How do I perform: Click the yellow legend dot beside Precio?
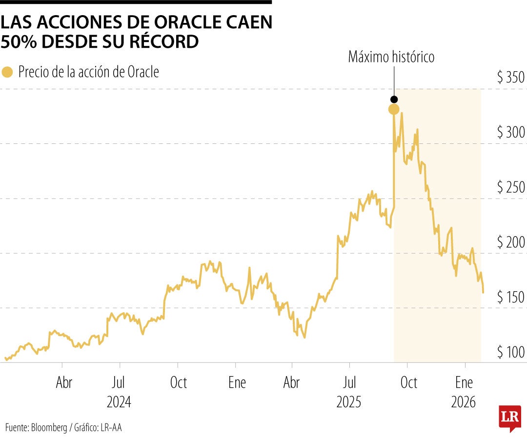click(x=7, y=73)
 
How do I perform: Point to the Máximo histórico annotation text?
click(x=391, y=57)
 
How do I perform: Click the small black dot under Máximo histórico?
click(x=394, y=100)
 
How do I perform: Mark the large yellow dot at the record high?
click(x=394, y=109)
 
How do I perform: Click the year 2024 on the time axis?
click(x=119, y=402)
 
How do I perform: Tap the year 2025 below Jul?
click(x=349, y=402)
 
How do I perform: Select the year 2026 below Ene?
click(x=464, y=402)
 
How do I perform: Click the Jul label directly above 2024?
click(x=119, y=383)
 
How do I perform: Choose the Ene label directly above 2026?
click(x=464, y=383)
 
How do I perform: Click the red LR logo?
click(x=509, y=418)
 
